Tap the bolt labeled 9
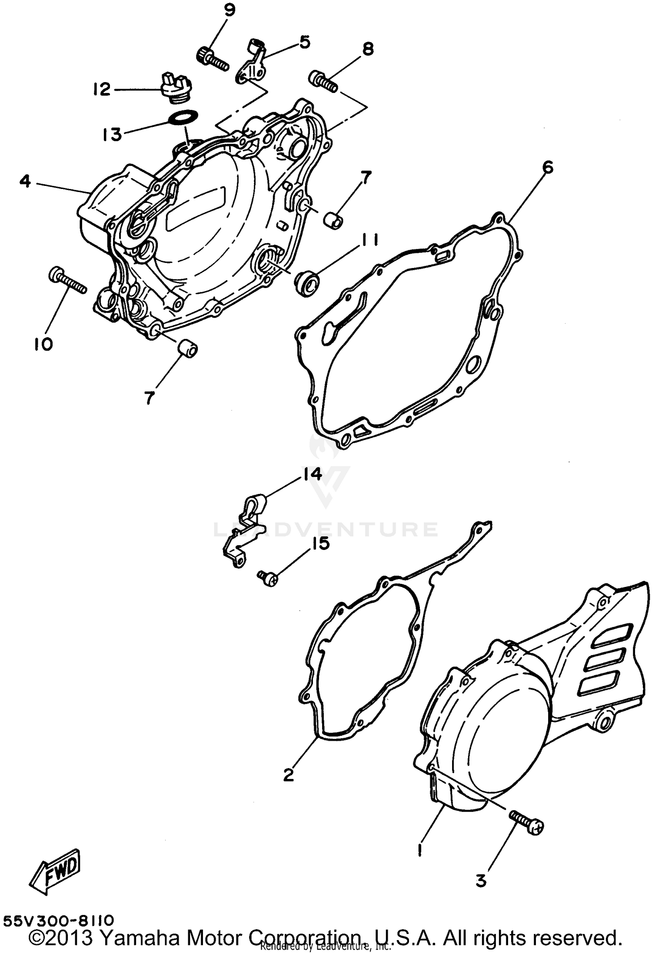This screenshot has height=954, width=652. pos(214,60)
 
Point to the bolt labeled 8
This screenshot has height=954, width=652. pos(323,82)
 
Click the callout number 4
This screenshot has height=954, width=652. pos(25,181)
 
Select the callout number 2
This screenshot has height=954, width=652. pos(288,774)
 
